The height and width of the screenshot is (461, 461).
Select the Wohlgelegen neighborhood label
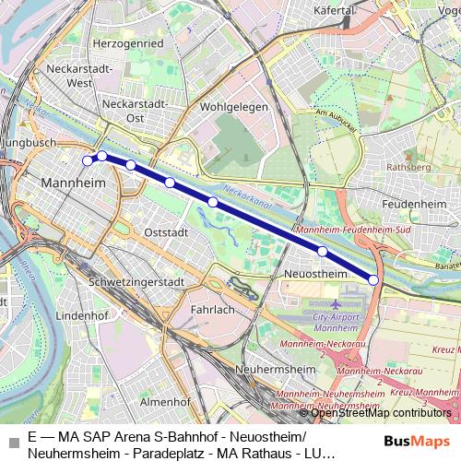click(x=234, y=106)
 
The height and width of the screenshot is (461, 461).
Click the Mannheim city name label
click(x=69, y=183)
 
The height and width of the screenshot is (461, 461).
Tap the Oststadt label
click(x=166, y=231)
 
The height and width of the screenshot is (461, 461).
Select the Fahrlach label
click(x=212, y=310)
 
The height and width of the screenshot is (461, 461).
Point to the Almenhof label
click(x=165, y=402)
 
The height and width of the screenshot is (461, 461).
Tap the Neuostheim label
click(x=315, y=274)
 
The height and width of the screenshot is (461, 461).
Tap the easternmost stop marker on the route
click(x=373, y=278)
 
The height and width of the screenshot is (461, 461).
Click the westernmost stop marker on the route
click(x=88, y=160)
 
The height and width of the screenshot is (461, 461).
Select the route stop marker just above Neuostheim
click(x=323, y=251)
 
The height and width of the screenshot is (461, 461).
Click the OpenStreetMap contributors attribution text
click(x=381, y=412)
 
